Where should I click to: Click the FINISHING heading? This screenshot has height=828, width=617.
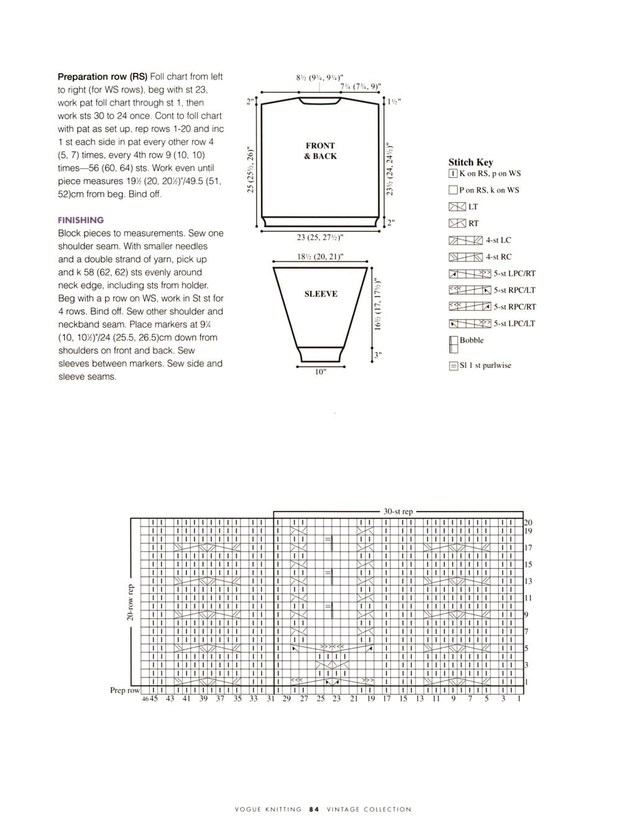tap(81, 220)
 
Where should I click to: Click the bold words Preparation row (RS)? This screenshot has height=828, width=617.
tap(103, 77)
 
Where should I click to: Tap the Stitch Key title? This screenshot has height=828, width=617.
tap(470, 162)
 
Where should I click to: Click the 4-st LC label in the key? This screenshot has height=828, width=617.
tap(498, 240)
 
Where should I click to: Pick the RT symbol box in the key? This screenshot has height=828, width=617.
tap(457, 223)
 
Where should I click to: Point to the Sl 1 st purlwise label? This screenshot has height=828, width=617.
tap(485, 366)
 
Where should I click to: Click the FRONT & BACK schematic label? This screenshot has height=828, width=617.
tap(320, 151)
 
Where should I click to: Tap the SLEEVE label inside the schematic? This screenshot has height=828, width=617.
tap(321, 294)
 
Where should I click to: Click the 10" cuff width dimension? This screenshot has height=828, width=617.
tap(320, 372)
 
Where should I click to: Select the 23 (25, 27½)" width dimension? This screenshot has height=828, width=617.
tap(320, 237)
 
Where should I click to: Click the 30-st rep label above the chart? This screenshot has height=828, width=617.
tap(398, 512)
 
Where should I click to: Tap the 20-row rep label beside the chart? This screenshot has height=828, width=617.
tap(130, 602)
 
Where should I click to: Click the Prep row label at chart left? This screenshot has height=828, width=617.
tap(125, 690)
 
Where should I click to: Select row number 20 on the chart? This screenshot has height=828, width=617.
tap(528, 523)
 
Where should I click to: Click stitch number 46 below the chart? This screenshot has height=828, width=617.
tap(145, 699)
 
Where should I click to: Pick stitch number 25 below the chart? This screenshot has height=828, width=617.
tap(321, 699)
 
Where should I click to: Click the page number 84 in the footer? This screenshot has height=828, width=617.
tap(314, 809)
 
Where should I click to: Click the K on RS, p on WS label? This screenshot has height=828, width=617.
tap(490, 173)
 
